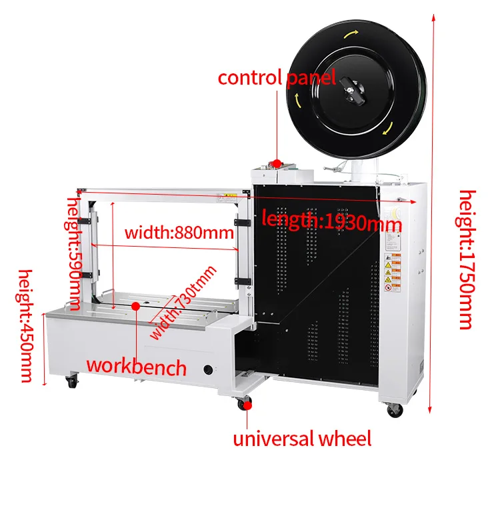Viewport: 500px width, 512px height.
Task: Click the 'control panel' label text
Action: [x=277, y=77]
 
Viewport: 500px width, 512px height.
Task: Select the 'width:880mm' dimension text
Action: [x=179, y=233]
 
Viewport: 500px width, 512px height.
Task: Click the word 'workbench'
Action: [x=137, y=366]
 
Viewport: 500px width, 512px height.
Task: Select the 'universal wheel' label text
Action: [x=301, y=439]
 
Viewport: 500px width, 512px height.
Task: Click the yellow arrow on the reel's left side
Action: [x=297, y=101]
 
